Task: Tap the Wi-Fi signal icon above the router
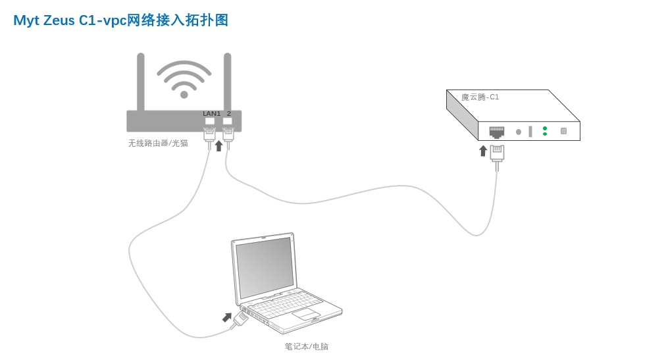[x=184, y=79]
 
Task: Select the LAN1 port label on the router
[x=211, y=114]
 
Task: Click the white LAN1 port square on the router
[x=210, y=121]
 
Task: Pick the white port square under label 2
[x=228, y=121]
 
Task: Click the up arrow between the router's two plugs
[x=219, y=145]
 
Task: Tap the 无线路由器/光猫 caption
[x=158, y=143]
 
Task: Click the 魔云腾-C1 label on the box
[x=480, y=97]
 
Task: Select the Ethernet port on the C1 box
[x=497, y=132]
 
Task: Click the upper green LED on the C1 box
[x=545, y=128]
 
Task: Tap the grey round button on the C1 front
[x=519, y=132]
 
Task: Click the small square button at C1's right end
[x=563, y=131]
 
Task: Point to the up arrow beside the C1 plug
[x=483, y=151]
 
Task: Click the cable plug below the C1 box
[x=497, y=153]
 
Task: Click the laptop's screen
[x=265, y=267]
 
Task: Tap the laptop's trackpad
[x=306, y=314]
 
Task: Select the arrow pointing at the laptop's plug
[x=227, y=317]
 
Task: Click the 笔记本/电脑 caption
[x=307, y=346]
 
